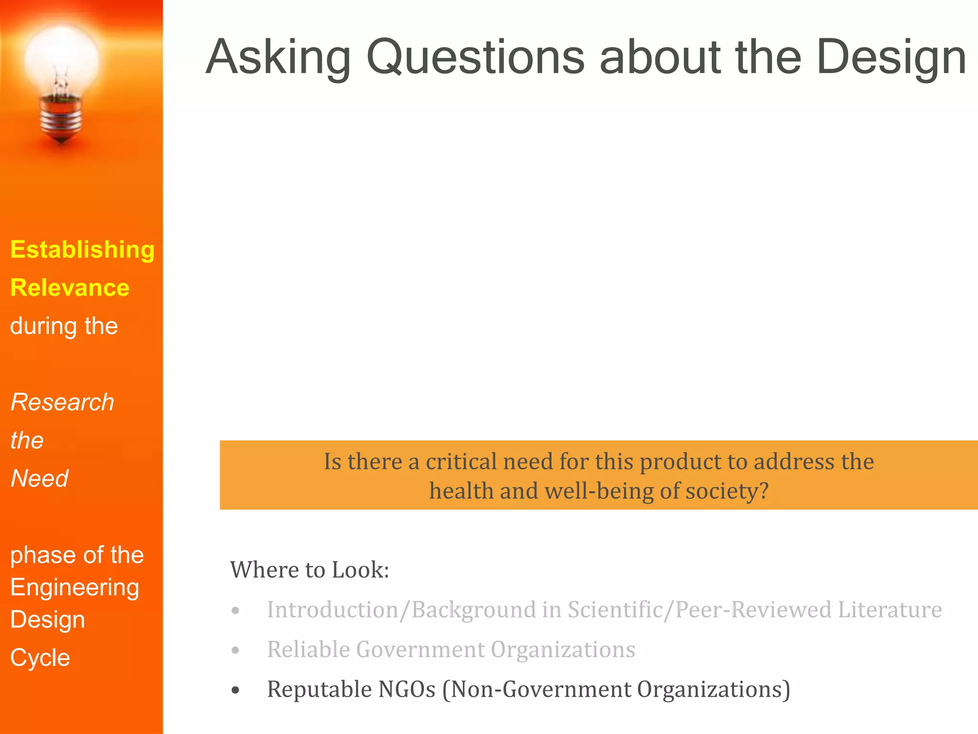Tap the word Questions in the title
click(x=475, y=57)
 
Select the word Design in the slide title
click(x=891, y=57)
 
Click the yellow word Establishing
click(x=83, y=250)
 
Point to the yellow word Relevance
click(x=70, y=288)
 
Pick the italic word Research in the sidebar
click(x=63, y=402)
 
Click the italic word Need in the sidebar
click(x=40, y=478)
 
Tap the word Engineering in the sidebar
click(x=74, y=587)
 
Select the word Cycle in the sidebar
click(x=40, y=658)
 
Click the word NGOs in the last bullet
click(x=406, y=689)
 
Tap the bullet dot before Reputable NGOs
click(x=235, y=690)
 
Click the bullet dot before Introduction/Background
click(x=235, y=611)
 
